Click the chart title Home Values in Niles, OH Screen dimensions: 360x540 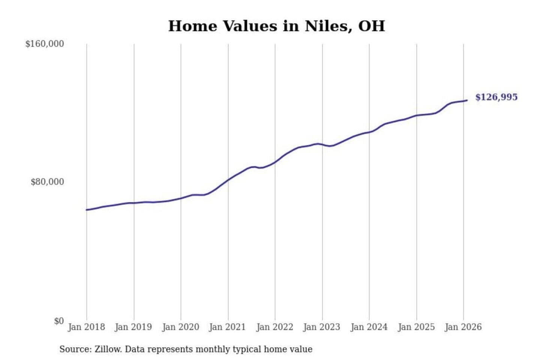tap(276, 26)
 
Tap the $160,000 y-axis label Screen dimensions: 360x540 tap(45, 44)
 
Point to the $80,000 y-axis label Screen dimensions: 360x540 tap(47, 182)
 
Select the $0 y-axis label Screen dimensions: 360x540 tap(59, 321)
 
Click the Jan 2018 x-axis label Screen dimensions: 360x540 tap(86, 327)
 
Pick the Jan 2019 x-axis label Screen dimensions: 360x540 tap(133, 327)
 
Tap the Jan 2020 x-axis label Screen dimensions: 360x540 tap(180, 327)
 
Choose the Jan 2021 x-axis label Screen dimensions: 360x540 tap(227, 327)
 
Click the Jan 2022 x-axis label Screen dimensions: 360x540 tap(274, 327)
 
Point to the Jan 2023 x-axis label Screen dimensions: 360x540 tap(321, 327)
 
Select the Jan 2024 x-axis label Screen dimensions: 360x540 tap(369, 327)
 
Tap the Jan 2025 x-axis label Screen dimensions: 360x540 tap(416, 327)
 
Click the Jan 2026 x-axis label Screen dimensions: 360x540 tap(463, 327)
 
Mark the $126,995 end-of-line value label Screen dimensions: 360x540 tap(496, 97)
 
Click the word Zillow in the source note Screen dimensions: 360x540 tap(108, 349)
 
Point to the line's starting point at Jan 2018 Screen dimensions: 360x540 tap(87, 210)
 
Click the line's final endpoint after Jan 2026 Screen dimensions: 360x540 tap(467, 100)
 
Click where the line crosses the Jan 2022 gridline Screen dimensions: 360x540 tap(275, 162)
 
